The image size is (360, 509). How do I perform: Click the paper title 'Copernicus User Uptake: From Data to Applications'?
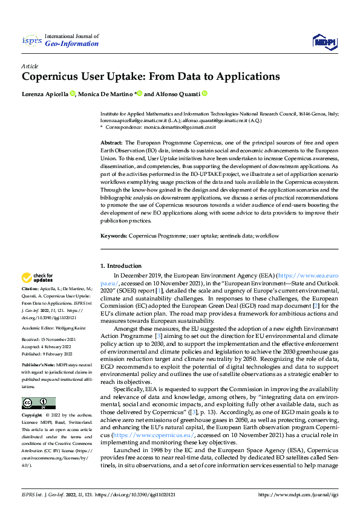click(x=151, y=77)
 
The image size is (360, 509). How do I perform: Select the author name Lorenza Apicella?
click(x=45, y=94)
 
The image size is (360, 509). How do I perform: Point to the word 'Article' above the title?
click(x=30, y=66)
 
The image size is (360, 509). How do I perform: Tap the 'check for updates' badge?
click(x=38, y=278)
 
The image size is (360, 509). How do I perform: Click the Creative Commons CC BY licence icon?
click(x=38, y=403)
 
